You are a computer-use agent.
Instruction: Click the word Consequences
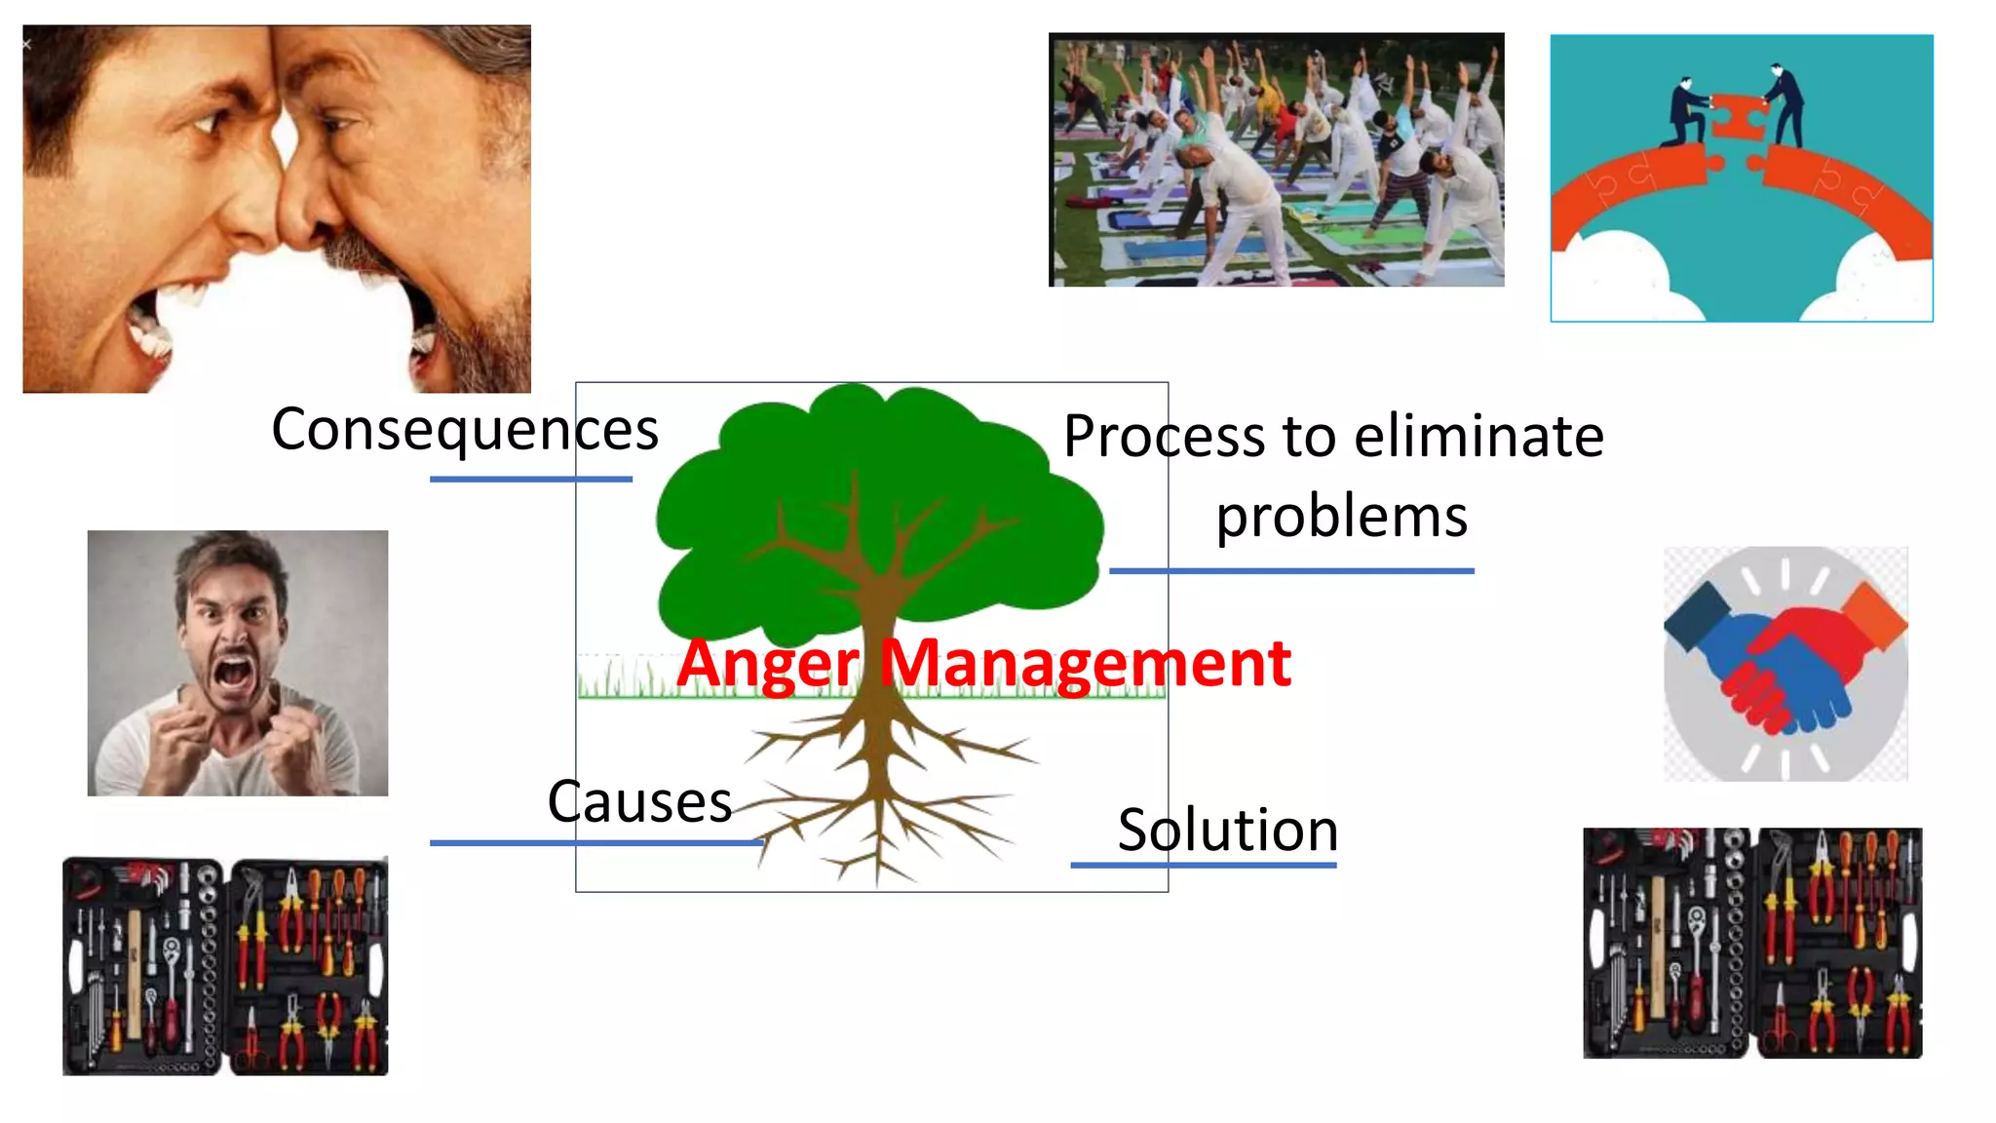pos(465,430)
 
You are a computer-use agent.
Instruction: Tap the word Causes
pos(639,802)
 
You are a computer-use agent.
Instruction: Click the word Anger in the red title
pos(768,663)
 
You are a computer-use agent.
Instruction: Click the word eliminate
pos(1478,436)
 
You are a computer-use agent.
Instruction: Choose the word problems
pos(1341,516)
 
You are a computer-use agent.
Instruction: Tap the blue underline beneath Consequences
pos(530,479)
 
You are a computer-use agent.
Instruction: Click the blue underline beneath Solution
pos(1203,865)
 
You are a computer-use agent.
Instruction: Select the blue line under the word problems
pos(1291,570)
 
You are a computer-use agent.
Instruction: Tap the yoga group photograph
pos(1276,160)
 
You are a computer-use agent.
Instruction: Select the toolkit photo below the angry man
pos(225,966)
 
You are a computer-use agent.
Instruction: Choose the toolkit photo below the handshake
pos(1752,943)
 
